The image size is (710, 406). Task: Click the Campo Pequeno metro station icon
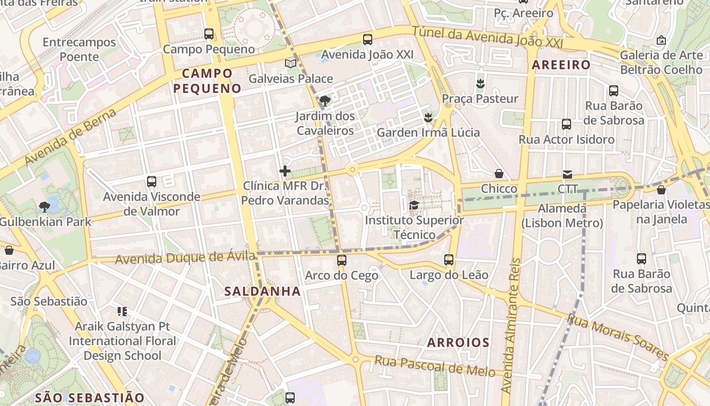click(208, 34)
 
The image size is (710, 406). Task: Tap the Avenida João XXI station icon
click(368, 39)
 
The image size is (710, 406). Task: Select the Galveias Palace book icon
click(291, 63)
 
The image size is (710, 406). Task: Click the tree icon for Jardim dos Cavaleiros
click(325, 100)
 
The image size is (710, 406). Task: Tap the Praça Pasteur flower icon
click(480, 83)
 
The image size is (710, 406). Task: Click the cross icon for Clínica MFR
click(285, 171)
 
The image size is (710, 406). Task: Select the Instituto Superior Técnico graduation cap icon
click(414, 206)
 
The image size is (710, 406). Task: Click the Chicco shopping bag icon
click(499, 174)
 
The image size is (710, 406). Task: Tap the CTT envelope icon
click(567, 175)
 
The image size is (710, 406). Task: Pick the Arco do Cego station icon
click(342, 260)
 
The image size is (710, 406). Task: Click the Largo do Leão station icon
click(449, 260)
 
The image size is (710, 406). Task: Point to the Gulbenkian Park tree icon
click(45, 207)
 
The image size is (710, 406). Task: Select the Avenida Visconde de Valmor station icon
click(151, 181)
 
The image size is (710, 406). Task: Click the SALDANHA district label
click(263, 291)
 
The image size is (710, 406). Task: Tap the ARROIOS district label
click(458, 343)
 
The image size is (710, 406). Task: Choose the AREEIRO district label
click(561, 65)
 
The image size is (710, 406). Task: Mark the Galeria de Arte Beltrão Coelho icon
click(661, 40)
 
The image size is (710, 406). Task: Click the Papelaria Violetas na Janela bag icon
click(661, 190)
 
